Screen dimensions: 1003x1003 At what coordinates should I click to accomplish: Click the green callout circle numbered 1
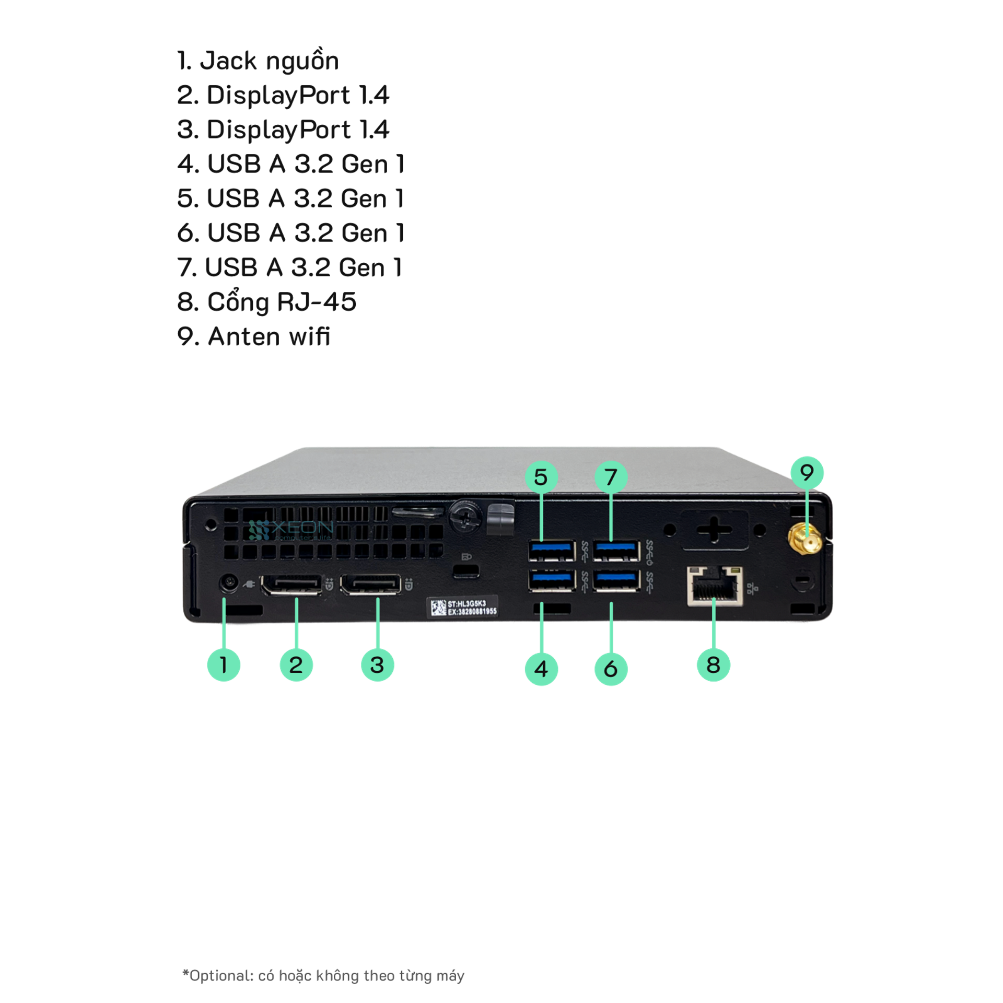[224, 665]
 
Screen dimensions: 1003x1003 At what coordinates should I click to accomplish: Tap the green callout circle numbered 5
[541, 476]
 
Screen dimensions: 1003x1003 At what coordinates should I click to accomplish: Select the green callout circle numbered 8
[713, 665]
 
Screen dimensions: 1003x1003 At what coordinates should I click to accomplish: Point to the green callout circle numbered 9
[807, 472]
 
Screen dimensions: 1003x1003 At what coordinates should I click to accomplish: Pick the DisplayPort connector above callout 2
[291, 585]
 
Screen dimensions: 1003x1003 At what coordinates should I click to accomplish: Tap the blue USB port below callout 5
[552, 550]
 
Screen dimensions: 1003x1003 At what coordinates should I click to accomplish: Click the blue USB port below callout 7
[617, 550]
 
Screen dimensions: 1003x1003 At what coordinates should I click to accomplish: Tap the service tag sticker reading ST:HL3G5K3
[463, 607]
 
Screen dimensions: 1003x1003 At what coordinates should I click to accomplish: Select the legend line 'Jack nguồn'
[258, 61]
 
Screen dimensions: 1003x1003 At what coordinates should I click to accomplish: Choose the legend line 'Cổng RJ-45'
[266, 302]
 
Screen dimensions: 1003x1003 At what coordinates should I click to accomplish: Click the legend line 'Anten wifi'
[254, 336]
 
